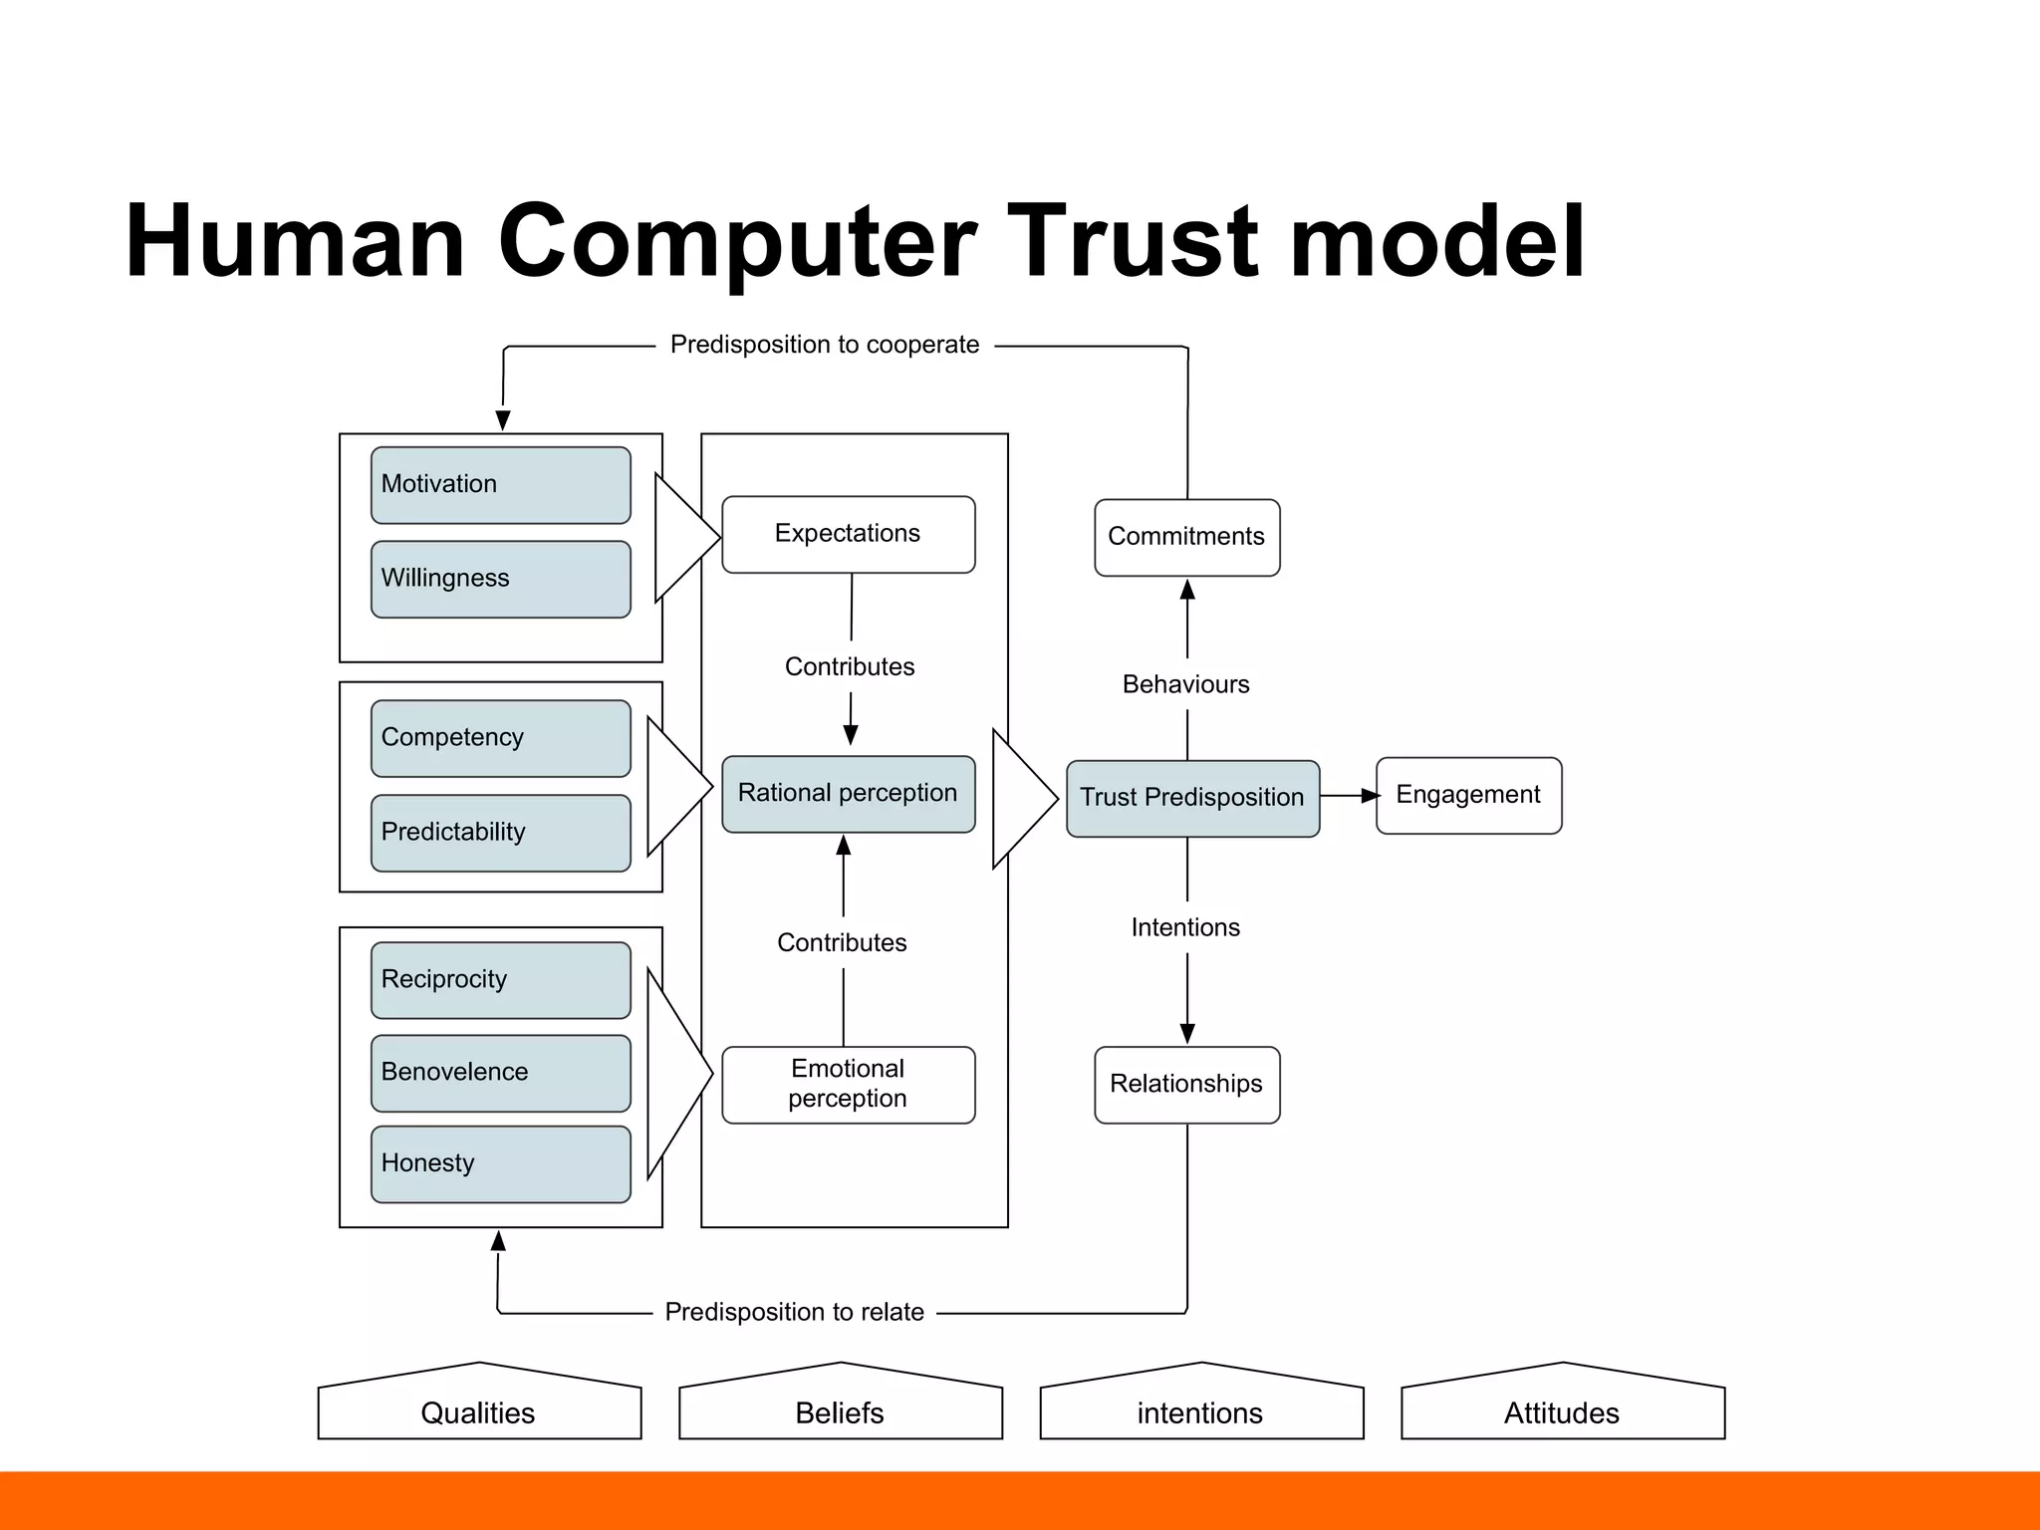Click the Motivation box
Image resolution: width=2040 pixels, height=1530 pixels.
pyautogui.click(x=500, y=485)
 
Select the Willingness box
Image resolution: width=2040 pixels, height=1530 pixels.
pyautogui.click(x=500, y=579)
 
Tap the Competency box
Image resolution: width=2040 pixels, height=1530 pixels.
pyautogui.click(x=500, y=738)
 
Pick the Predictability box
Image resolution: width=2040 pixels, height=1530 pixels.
pyautogui.click(x=500, y=833)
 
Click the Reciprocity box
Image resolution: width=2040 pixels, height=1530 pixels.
pyautogui.click(x=500, y=980)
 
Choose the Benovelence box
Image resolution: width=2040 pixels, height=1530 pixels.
pyautogui.click(x=500, y=1073)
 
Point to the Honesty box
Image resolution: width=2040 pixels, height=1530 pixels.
pyautogui.click(x=500, y=1164)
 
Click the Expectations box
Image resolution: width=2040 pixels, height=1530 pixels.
pyautogui.click(x=848, y=535)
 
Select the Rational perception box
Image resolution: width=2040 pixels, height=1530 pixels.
pyautogui.click(x=848, y=794)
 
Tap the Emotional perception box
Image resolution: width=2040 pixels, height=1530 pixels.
pyautogui.click(x=848, y=1085)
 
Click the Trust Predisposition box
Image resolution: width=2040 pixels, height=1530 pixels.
pyautogui.click(x=1192, y=798)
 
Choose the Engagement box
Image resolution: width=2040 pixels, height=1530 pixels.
pyautogui.click(x=1468, y=795)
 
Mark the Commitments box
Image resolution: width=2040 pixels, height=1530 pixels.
pyautogui.click(x=1186, y=537)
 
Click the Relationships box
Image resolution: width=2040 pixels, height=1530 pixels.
pyautogui.click(x=1186, y=1085)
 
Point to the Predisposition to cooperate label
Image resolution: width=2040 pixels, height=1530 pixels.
pyautogui.click(x=825, y=345)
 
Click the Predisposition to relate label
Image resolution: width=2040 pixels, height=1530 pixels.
pyautogui.click(x=794, y=1312)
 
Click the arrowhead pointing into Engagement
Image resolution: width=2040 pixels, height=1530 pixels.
pyautogui.click(x=1371, y=795)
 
